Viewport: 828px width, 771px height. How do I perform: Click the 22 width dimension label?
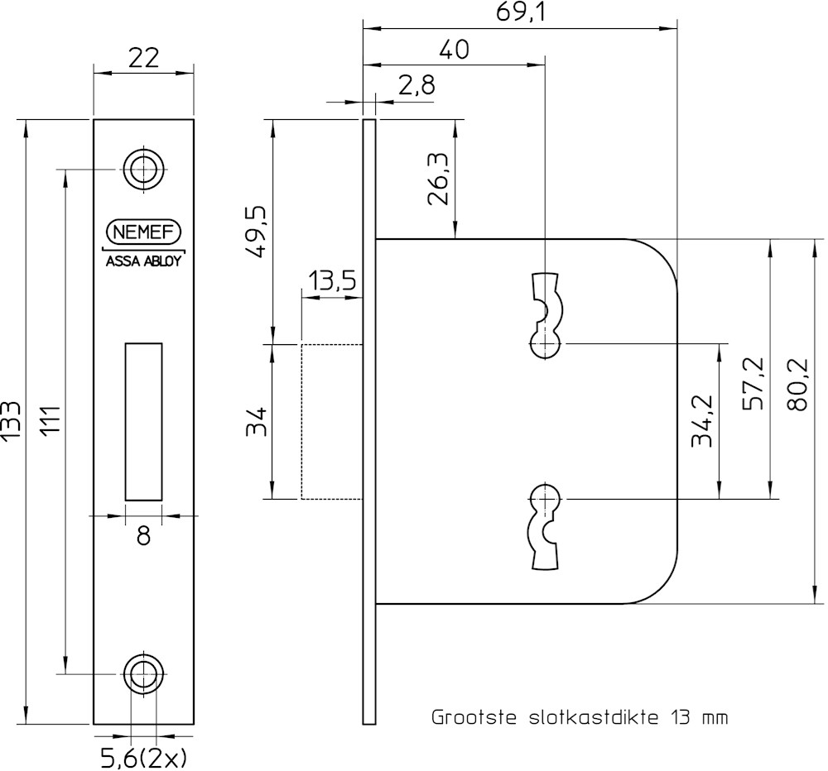tap(142, 58)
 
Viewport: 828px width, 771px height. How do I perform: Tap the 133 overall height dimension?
tap(12, 422)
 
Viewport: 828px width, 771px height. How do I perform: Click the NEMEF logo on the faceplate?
tap(143, 232)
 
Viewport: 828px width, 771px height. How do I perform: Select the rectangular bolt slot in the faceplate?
tap(143, 420)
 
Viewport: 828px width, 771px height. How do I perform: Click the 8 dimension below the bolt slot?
tap(143, 536)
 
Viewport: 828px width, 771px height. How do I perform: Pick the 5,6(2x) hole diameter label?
tap(143, 756)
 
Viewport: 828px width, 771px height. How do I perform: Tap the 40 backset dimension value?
tap(453, 50)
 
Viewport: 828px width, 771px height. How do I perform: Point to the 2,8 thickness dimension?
tap(416, 85)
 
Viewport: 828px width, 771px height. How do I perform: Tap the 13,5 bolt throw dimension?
tap(332, 281)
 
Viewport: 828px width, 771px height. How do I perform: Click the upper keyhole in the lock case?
tap(546, 316)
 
